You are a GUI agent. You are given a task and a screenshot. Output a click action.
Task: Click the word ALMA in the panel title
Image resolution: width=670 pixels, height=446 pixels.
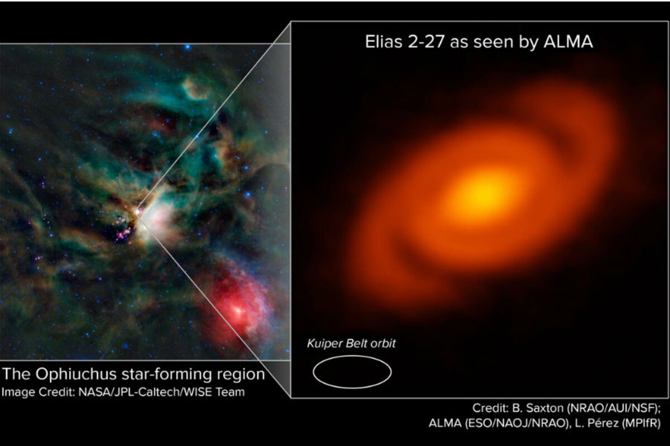(568, 42)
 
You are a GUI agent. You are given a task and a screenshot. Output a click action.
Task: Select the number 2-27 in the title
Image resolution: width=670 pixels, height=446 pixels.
(427, 42)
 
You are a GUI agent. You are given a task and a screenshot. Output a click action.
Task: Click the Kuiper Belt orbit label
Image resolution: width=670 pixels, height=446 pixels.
(351, 343)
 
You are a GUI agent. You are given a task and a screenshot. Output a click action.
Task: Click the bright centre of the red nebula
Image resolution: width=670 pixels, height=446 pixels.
(238, 311)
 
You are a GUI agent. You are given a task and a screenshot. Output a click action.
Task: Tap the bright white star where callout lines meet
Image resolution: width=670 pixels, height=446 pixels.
(137, 211)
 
